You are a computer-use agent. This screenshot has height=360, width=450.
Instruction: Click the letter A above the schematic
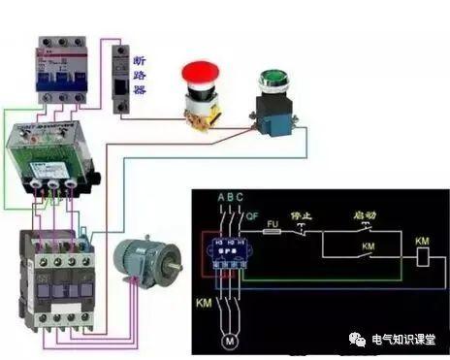coord(220,199)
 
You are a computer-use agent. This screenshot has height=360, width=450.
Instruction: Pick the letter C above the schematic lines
coord(241,199)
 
